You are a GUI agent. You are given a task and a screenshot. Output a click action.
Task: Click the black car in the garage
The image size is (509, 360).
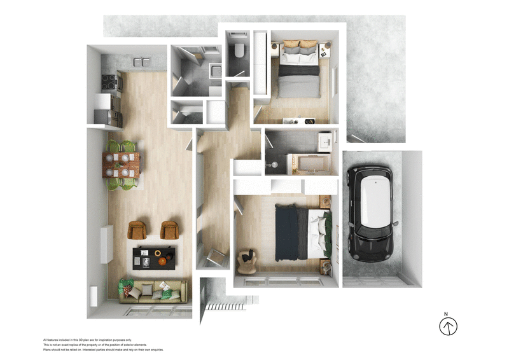click(x=370, y=215)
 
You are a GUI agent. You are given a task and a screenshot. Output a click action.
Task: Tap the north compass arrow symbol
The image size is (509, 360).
click(x=449, y=327)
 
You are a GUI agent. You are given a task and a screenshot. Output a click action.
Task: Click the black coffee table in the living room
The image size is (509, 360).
click(x=155, y=258)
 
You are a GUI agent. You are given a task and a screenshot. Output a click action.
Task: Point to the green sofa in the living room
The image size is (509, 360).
click(x=153, y=291)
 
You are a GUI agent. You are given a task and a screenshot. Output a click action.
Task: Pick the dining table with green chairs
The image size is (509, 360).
click(x=121, y=165)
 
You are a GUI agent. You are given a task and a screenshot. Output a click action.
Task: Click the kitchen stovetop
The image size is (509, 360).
click(x=108, y=81)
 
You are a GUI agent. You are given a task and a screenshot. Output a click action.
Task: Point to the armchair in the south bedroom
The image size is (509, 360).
click(x=246, y=259)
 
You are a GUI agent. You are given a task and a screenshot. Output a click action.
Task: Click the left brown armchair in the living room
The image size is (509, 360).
click(x=137, y=229)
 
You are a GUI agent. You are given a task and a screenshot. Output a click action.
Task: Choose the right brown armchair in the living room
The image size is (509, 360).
click(x=169, y=229)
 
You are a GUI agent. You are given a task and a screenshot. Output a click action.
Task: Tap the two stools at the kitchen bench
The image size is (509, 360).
click(x=142, y=61)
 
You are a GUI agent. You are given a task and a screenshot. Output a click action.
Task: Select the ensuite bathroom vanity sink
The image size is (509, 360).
click(x=324, y=141)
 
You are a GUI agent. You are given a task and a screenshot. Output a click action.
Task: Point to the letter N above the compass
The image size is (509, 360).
click(x=447, y=314)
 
